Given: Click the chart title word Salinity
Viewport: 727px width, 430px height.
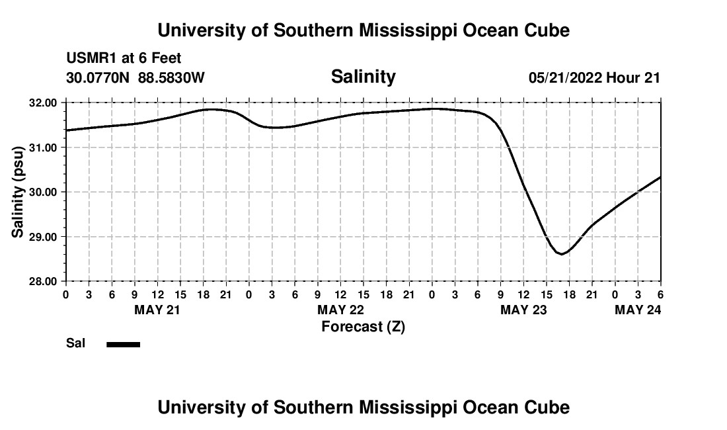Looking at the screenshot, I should tap(363, 77).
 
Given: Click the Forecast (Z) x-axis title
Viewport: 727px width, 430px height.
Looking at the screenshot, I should tap(363, 326).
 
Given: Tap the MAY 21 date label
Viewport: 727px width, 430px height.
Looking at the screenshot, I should tap(157, 310).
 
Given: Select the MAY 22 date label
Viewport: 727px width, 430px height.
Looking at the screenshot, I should tap(340, 310).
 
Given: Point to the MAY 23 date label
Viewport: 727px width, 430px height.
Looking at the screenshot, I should tap(523, 310).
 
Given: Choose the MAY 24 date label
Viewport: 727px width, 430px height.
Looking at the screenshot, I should tap(638, 310).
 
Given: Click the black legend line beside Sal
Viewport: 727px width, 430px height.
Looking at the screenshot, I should tap(124, 344).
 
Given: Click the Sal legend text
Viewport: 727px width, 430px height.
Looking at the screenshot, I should tap(75, 343).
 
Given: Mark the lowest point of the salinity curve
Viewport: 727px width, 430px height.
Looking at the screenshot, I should tap(561, 253).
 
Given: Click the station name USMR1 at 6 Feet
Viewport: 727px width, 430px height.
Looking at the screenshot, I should tap(124, 59).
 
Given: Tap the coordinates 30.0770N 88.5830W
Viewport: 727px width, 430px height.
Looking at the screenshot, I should tap(135, 77).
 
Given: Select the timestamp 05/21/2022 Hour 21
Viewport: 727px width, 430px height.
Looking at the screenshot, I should tap(594, 77).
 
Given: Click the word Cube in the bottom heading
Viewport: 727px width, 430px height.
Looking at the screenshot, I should tap(548, 408).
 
